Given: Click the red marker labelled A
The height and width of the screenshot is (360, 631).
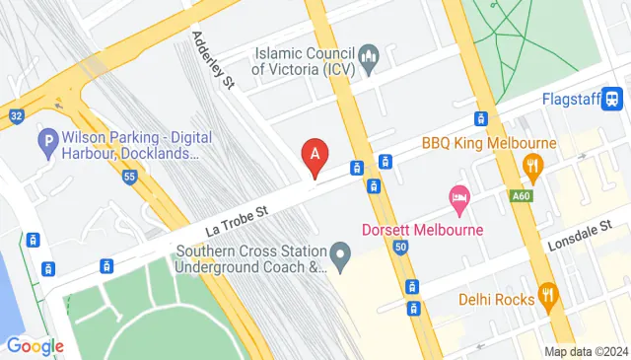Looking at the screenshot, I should (315, 156).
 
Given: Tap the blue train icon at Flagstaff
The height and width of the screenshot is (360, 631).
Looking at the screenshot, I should (613, 99).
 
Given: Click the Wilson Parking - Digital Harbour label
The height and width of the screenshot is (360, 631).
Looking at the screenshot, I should (128, 145).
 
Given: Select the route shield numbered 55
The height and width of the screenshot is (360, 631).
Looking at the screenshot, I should (129, 177).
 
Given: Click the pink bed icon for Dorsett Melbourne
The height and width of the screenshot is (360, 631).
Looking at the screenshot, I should (458, 197).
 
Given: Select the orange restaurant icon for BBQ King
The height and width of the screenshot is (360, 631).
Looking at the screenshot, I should (534, 167).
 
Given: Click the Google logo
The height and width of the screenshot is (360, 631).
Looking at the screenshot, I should (35, 345).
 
